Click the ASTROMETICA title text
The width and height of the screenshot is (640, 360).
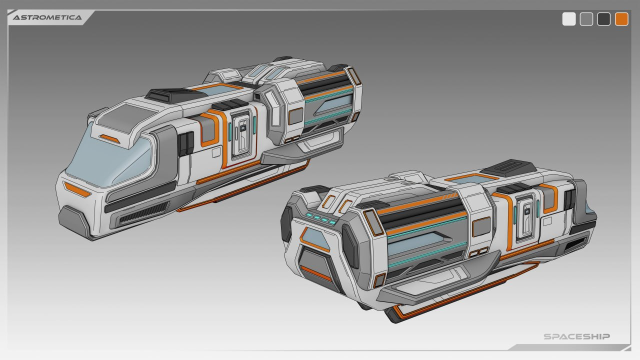point(47,17)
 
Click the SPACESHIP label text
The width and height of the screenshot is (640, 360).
point(576,336)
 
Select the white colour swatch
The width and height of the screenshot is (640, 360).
point(569,19)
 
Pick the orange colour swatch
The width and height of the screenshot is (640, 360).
point(621,19)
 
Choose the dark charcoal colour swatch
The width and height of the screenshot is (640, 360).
point(603,19)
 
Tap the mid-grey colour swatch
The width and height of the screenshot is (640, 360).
point(586,19)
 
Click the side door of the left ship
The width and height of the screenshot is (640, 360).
point(241,134)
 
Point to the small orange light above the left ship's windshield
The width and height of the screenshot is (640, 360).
point(109,139)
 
